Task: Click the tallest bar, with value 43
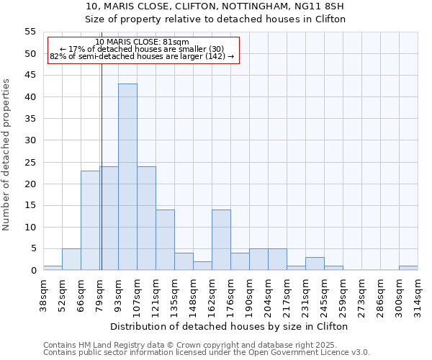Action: [x=127, y=177]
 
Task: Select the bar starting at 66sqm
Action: [x=90, y=220]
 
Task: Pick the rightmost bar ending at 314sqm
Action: [x=408, y=268]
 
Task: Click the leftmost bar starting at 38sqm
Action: [x=53, y=268]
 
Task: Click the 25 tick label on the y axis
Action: [x=30, y=162]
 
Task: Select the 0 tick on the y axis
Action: [x=33, y=271]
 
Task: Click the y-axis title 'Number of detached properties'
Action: [x=6, y=155]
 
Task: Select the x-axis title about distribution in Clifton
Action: [x=230, y=326]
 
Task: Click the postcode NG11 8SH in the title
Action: [x=324, y=6]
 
